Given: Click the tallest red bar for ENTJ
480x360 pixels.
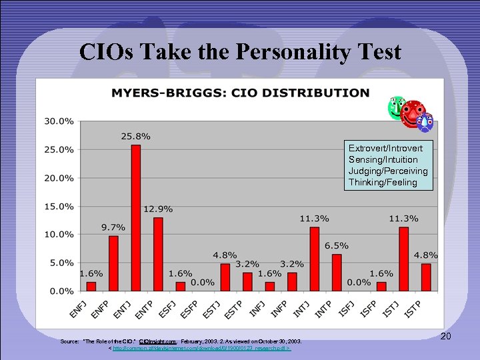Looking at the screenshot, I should (135, 218).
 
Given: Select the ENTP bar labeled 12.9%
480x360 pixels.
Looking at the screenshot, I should (158, 254).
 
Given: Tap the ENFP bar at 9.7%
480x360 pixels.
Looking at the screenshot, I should (113, 263).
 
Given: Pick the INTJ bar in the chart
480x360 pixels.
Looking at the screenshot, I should (315, 259).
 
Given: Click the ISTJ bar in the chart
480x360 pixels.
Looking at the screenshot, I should (404, 259).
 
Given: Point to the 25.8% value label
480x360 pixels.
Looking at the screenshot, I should (135, 136).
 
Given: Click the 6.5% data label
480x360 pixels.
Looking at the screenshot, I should (337, 245).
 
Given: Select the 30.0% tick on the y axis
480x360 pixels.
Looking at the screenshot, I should (59, 121).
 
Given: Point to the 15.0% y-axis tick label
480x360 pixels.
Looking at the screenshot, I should (59, 206).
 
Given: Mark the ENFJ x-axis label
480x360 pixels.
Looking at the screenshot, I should (78, 309).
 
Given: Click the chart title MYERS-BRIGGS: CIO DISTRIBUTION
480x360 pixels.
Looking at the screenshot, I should (239, 93).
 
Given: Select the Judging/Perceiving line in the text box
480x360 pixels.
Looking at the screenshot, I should (388, 171).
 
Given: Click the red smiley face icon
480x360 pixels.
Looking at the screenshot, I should (413, 114).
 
